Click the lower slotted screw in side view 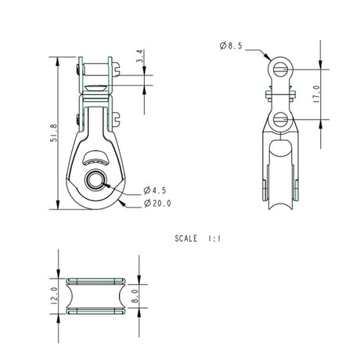(280, 120)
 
